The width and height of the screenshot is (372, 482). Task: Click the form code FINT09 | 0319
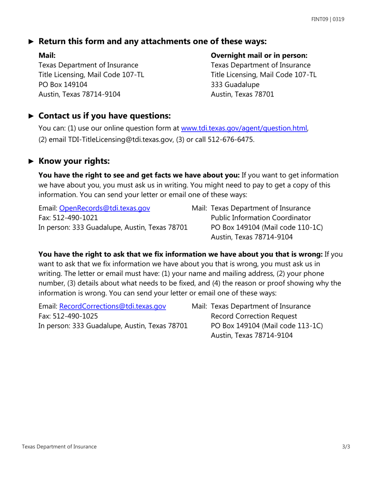point(328,19)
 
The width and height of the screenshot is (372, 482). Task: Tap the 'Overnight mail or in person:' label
point(259,55)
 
